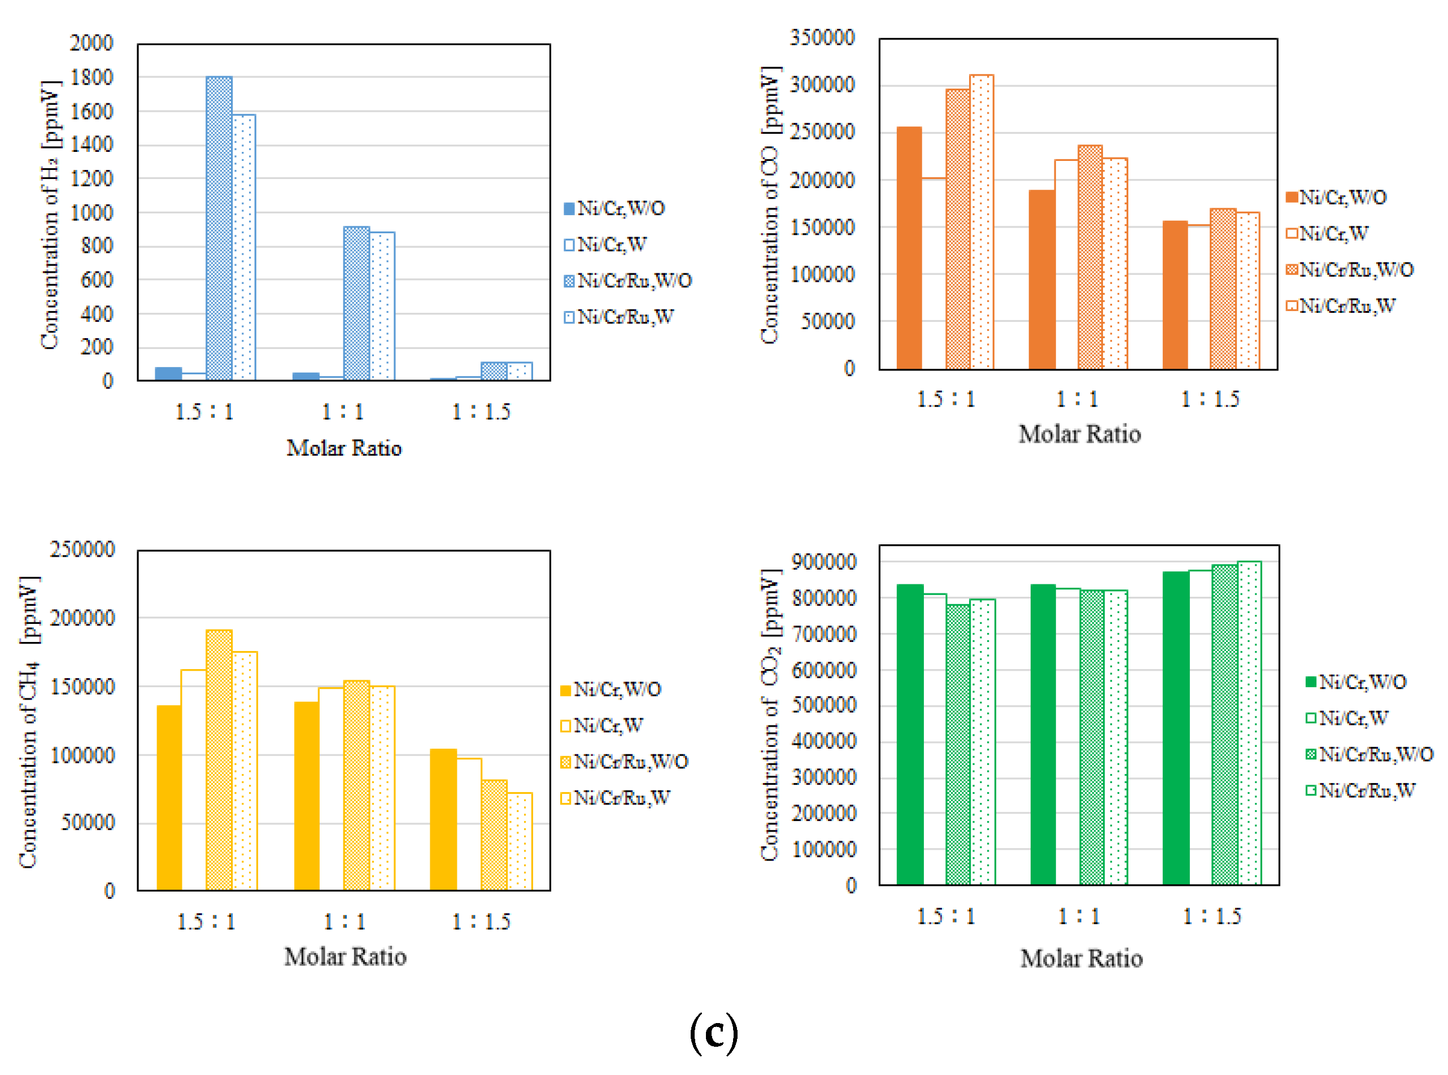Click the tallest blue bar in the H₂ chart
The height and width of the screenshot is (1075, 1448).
click(x=219, y=228)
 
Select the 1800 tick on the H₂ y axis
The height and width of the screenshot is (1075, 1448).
click(x=91, y=77)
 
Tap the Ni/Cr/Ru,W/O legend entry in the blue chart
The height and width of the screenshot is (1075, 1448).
click(x=627, y=281)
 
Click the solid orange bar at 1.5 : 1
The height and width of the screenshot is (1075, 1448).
click(x=909, y=248)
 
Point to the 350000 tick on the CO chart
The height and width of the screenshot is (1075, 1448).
click(x=822, y=38)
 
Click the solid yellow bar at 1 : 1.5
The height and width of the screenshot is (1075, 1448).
click(x=443, y=819)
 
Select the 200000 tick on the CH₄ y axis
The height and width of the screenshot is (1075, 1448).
click(x=82, y=618)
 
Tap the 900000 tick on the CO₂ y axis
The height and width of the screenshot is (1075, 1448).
click(x=823, y=562)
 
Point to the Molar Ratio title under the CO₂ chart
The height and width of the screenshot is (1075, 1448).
click(x=1081, y=959)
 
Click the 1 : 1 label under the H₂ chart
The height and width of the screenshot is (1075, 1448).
click(x=343, y=411)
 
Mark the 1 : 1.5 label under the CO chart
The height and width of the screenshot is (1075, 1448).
click(x=1210, y=399)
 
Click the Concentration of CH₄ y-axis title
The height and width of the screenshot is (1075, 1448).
click(x=29, y=722)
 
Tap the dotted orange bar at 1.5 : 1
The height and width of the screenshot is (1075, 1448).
click(x=982, y=222)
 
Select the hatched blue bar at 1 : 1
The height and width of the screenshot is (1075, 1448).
click(x=356, y=303)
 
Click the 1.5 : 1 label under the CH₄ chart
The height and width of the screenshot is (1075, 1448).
click(x=206, y=921)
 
